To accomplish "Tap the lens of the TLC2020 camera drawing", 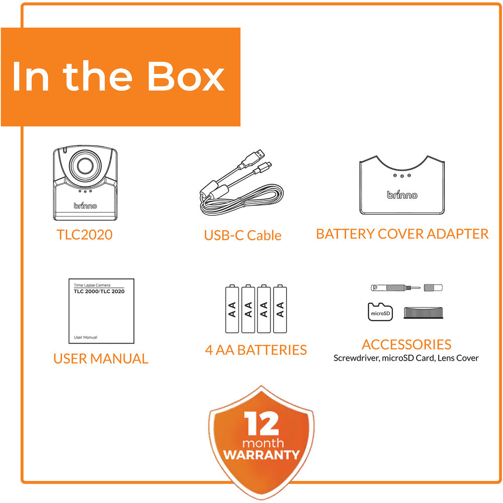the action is coord(86,165).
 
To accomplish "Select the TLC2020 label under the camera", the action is coord(85,234).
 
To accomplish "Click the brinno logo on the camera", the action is coord(85,205).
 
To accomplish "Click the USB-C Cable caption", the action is coord(242,235).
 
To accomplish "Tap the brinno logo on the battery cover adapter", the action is coord(402,194).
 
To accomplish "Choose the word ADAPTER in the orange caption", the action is coord(458,234).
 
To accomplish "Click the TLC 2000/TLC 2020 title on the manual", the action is coord(99,291).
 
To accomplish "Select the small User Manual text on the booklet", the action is coord(86,337).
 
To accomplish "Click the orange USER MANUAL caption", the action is coord(101,359).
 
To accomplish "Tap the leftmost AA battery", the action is coord(232,309).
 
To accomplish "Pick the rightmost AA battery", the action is coord(280,309).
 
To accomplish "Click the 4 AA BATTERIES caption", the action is coord(256,350).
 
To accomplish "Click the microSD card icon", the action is coord(380,312).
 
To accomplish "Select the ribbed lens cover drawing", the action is coord(423,313).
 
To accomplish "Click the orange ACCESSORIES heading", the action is coord(406,345).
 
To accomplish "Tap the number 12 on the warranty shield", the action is coord(261,424).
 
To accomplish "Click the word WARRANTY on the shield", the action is coord(262,455).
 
